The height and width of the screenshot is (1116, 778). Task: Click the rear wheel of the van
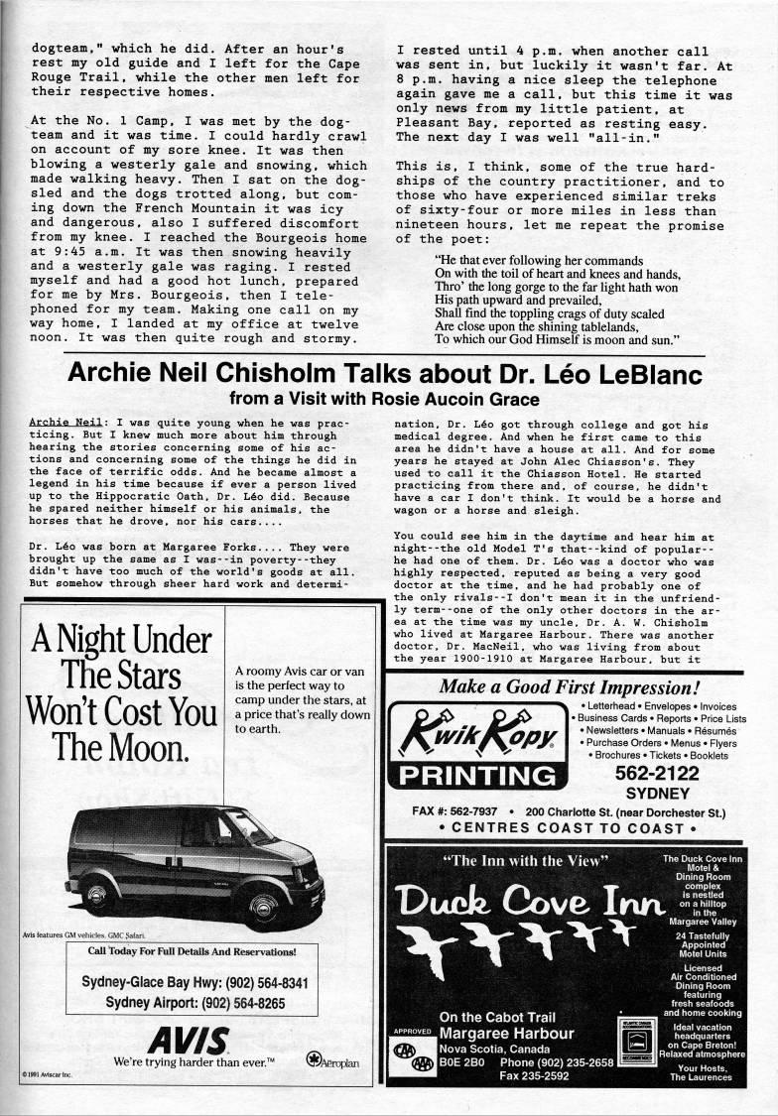(97, 894)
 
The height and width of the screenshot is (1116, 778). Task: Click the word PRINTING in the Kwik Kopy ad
(473, 776)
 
